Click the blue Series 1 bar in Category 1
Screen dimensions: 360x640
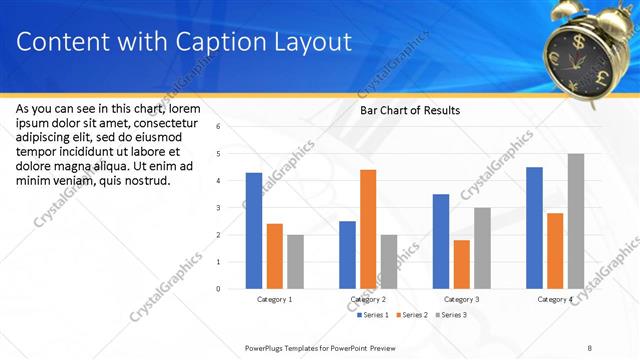(x=254, y=231)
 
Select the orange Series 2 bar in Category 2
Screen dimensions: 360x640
(x=368, y=229)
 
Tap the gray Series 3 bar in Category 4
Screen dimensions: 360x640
(x=576, y=221)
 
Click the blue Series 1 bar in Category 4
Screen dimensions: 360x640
(x=534, y=228)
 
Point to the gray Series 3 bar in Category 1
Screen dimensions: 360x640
(x=295, y=262)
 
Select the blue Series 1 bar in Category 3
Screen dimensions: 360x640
(x=441, y=241)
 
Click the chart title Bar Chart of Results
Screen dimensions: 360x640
(x=410, y=110)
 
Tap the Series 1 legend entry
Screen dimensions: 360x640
(x=374, y=315)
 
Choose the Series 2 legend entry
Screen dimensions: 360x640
(x=414, y=315)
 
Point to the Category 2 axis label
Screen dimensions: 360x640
(x=369, y=299)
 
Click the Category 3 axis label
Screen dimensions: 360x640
(x=462, y=299)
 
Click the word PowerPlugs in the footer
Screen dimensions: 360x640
(x=268, y=347)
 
